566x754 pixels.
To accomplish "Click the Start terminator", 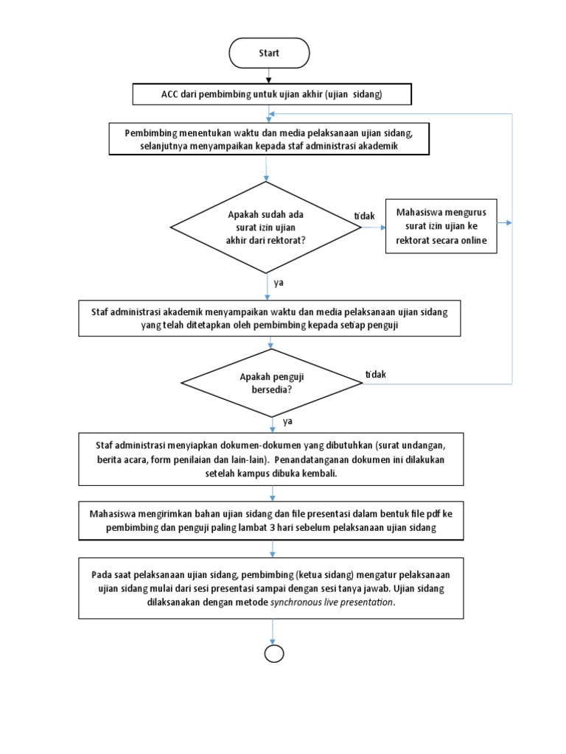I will click(269, 53).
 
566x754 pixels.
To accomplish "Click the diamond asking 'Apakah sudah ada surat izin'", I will click(265, 227).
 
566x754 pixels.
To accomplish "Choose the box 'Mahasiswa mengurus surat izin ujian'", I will click(441, 227).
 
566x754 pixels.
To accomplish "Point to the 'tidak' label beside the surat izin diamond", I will click(364, 215).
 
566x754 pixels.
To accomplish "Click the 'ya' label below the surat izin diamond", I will click(279, 282).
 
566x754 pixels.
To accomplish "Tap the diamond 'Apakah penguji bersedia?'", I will click(272, 384).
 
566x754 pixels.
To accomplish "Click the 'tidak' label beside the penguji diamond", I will click(375, 375).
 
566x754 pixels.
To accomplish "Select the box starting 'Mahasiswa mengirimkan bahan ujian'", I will click(273, 521).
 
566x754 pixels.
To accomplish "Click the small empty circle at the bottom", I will click(273, 654).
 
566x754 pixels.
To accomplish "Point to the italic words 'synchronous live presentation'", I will click(332, 602).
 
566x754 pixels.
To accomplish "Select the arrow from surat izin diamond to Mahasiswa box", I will click(373, 227).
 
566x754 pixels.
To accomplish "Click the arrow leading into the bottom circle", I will click(273, 632).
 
